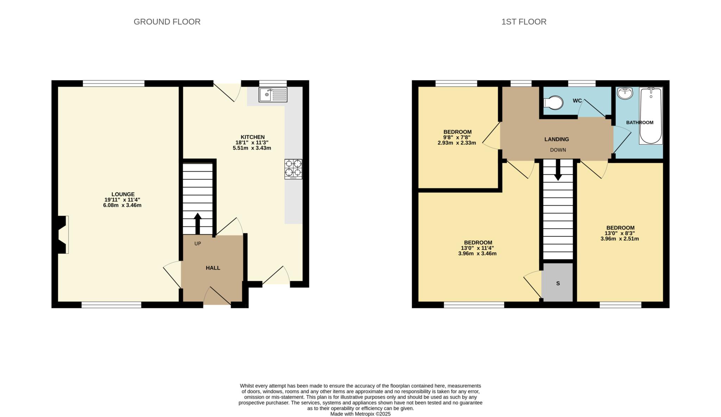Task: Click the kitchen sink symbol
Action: pos(273,95)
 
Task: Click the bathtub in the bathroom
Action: pos(651,116)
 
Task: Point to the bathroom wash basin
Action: pos(625,93)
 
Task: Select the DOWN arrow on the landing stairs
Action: pos(558,170)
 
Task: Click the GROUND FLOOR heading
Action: pos(167,22)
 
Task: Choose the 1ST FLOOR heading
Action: pos(523,22)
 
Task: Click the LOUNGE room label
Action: pos(123,194)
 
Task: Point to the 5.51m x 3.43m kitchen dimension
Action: pos(252,148)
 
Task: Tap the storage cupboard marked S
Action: pos(558,283)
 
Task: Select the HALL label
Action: pos(213,268)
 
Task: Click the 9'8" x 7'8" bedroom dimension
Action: pos(457,138)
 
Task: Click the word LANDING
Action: pos(556,139)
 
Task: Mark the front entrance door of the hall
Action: pos(217,296)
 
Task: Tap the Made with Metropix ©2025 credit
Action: pos(360,414)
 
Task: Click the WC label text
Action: pos(577,101)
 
